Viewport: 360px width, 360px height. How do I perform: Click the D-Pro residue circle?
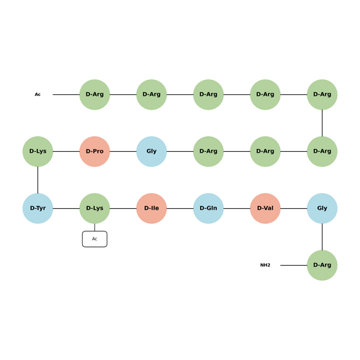[x=94, y=151]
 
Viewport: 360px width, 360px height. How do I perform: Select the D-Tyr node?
[x=37, y=208]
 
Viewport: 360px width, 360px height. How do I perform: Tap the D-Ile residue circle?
[x=151, y=208]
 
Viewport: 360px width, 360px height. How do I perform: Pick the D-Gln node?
[x=208, y=208]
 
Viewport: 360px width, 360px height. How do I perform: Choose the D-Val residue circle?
[x=265, y=208]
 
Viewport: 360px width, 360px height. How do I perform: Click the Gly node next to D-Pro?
[x=151, y=151]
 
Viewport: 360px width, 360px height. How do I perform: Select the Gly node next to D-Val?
[x=322, y=208]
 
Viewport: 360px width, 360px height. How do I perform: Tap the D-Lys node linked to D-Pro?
[x=37, y=151]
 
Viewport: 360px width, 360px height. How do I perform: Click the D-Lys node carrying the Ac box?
[x=94, y=208]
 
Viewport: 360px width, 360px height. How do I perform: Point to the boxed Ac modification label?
[x=94, y=239]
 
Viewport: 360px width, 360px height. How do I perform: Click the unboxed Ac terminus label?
[x=37, y=94]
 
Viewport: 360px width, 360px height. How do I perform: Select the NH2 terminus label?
[x=265, y=265]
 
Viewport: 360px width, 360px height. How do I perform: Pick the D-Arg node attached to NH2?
[x=322, y=265]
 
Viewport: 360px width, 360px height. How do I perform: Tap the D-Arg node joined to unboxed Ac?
[x=94, y=94]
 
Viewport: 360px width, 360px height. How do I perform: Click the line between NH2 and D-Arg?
[x=294, y=265]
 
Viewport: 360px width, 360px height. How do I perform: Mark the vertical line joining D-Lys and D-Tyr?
[x=37, y=180]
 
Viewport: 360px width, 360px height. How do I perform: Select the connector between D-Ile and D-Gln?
[x=180, y=208]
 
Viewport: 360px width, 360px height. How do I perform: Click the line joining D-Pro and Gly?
[x=123, y=151]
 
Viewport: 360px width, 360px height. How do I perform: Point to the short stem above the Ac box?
[x=94, y=228]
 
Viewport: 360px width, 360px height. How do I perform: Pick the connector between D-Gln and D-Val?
[x=237, y=208]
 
